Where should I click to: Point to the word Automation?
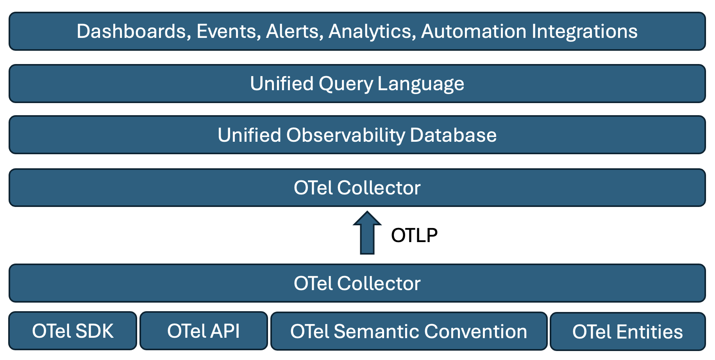tap(474, 31)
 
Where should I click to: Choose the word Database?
tap(453, 135)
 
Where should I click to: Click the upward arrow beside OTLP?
tap(367, 233)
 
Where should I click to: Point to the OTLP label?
tap(414, 235)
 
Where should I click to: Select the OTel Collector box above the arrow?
tap(357, 187)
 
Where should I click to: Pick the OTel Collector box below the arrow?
tap(357, 283)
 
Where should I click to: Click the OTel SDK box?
tap(73, 331)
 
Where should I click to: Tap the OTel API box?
tap(204, 331)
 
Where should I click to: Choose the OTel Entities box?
tap(628, 331)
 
